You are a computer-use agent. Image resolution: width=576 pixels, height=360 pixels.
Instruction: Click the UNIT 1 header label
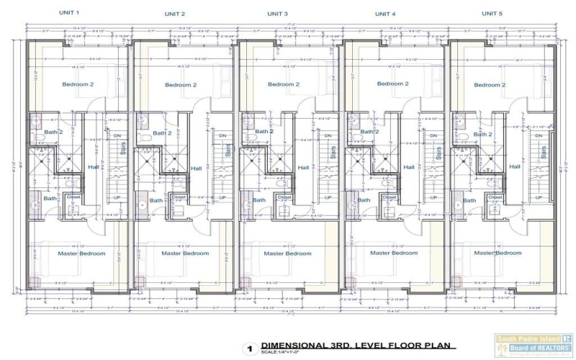(69, 14)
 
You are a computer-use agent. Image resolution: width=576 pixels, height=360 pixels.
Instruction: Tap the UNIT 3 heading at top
(277, 14)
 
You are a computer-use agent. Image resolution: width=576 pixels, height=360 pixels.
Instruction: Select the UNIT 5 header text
(492, 14)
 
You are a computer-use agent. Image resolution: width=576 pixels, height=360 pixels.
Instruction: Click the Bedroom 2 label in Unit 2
(180, 85)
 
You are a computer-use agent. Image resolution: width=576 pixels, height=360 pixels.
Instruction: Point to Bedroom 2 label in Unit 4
(392, 84)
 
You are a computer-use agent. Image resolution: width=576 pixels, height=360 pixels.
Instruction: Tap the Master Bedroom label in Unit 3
(287, 253)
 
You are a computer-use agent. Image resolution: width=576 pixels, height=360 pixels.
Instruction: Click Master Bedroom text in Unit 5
(498, 253)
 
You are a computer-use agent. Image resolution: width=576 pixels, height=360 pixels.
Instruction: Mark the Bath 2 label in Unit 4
(369, 132)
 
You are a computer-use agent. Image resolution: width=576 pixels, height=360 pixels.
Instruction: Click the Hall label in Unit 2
(197, 169)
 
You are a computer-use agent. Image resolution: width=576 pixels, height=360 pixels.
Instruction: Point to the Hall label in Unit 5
(515, 167)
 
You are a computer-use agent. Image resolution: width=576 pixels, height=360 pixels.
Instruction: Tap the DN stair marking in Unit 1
(117, 135)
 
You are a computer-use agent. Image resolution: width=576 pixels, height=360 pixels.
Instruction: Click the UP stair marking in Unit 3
(328, 197)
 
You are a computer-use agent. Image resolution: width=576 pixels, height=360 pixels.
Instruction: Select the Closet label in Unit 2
(179, 197)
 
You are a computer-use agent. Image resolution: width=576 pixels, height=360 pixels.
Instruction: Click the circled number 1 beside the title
(250, 348)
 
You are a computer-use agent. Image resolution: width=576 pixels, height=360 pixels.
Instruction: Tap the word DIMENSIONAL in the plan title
(292, 345)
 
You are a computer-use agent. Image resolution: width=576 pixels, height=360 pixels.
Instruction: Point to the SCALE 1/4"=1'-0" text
(281, 353)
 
